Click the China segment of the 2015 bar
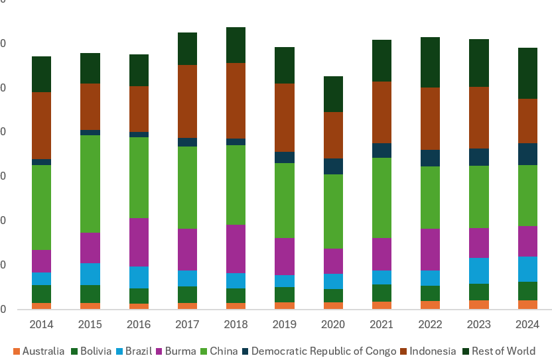90,184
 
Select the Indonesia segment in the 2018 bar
236,101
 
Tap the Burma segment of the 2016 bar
139,242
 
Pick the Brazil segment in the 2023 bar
480,270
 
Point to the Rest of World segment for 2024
528,73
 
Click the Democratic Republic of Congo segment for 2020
334,166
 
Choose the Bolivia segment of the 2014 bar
42,294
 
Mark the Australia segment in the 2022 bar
431,305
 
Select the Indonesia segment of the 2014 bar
42,125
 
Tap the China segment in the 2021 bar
382,198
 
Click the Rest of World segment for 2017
188,48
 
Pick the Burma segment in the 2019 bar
285,257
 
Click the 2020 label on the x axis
334,325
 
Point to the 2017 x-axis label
188,325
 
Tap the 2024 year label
528,325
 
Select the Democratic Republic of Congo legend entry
318,351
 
